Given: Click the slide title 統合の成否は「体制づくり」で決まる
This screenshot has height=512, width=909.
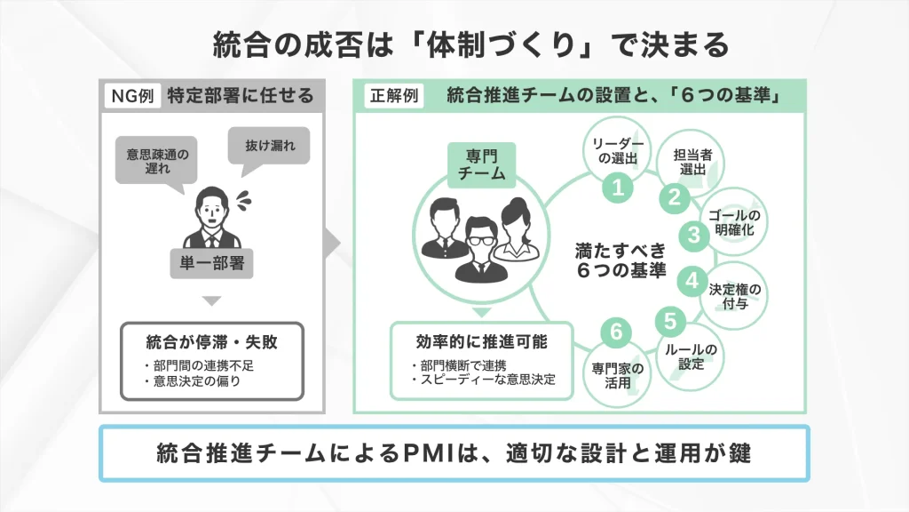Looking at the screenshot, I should (x=470, y=45).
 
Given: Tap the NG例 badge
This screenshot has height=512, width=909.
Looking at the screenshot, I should (x=132, y=96).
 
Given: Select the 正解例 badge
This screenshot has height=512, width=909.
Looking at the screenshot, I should (x=393, y=96).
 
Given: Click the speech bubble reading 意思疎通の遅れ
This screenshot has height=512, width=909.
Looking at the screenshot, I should (x=157, y=160).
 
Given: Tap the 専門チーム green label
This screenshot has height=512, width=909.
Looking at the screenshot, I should (x=479, y=166).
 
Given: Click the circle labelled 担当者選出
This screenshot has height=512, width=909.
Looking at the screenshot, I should (x=692, y=162).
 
